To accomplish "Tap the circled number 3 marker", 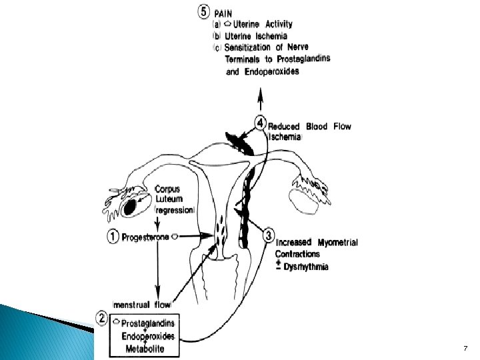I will (267, 235).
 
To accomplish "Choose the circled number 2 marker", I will (103, 318).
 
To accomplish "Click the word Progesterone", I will (145, 236).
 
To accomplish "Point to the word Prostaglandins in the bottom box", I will (148, 324).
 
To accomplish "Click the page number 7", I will (465, 349).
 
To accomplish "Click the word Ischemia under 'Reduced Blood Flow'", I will (285, 137).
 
